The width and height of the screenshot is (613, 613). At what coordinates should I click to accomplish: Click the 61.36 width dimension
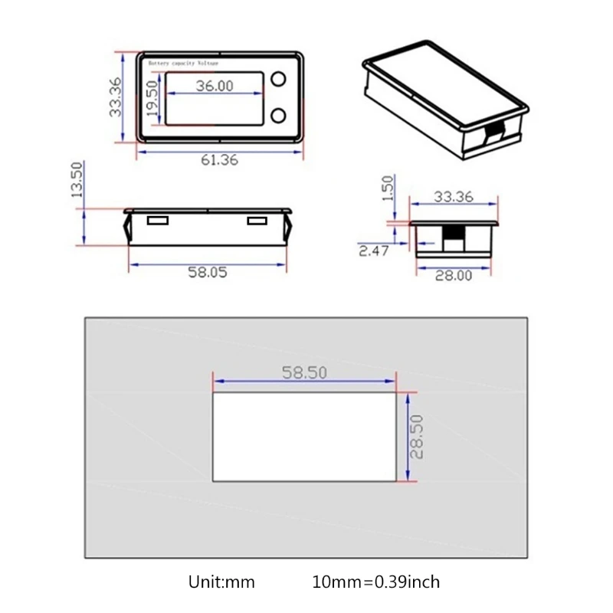click(219, 160)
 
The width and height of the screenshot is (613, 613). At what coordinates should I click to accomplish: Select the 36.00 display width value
click(214, 86)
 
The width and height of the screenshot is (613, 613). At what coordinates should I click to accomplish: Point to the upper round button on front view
click(277, 80)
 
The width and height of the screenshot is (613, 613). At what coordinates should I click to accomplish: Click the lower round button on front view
click(277, 116)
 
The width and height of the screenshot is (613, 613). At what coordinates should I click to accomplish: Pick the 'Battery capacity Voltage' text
click(185, 64)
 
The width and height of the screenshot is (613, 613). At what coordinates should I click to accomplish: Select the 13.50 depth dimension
click(77, 180)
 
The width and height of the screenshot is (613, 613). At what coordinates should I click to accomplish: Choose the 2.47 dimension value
click(373, 250)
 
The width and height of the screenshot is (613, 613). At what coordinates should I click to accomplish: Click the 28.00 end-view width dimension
click(454, 276)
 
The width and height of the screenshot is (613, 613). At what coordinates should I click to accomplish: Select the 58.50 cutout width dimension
click(304, 372)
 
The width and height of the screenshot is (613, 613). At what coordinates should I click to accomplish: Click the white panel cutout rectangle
click(304, 437)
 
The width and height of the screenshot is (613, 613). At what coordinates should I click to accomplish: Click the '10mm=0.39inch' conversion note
click(376, 582)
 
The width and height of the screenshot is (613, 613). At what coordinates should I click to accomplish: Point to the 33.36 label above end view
click(453, 196)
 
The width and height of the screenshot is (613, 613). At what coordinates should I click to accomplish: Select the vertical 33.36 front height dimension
click(115, 97)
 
